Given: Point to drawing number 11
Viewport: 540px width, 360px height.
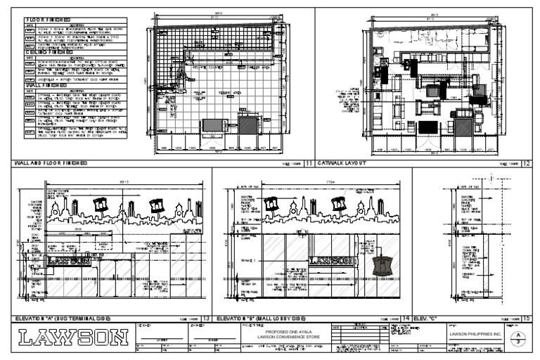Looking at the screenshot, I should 309,163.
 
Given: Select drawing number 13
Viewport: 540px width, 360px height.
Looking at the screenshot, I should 205,318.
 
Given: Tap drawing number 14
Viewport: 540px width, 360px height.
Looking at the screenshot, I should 406,318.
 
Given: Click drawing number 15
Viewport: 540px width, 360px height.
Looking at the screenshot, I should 526,318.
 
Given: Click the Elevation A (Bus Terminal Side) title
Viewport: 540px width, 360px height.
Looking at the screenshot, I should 67,318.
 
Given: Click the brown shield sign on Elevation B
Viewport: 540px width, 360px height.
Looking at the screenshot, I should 382,267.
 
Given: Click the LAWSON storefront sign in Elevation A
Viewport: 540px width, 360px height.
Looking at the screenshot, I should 70,260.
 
